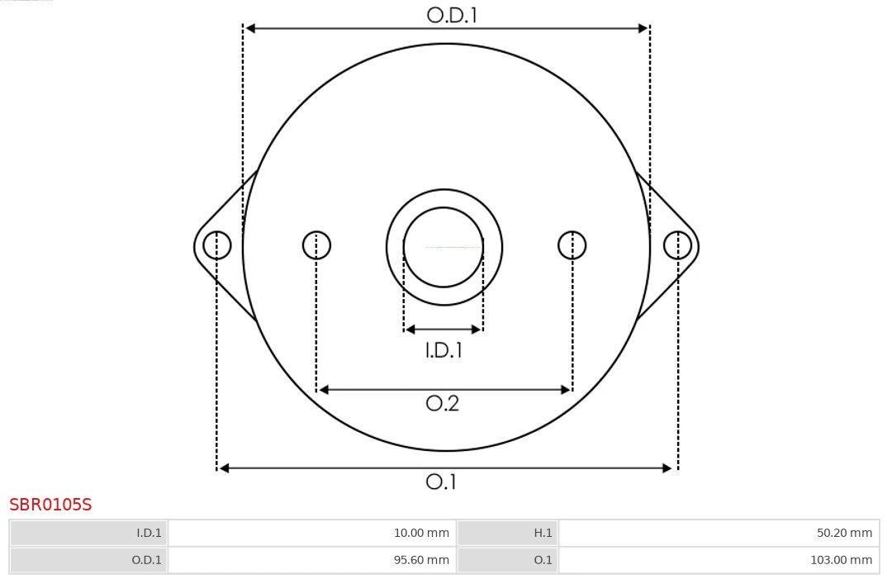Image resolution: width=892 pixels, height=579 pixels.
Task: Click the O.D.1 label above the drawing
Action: click(x=452, y=15)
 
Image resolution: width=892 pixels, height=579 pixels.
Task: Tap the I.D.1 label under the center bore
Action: click(x=444, y=350)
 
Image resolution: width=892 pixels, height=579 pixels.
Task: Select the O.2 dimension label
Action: click(x=442, y=403)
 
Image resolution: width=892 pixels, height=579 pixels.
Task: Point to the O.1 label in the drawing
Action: click(x=441, y=482)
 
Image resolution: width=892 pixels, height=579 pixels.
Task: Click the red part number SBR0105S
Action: click(x=50, y=505)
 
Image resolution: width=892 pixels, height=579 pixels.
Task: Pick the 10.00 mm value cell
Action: click(x=312, y=534)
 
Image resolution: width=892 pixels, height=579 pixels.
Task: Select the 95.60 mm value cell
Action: click(x=312, y=560)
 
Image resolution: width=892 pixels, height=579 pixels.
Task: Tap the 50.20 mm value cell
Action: click(x=719, y=534)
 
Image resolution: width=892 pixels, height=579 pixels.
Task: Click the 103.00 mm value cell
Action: click(x=719, y=560)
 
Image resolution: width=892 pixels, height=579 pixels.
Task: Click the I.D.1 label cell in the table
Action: click(x=89, y=534)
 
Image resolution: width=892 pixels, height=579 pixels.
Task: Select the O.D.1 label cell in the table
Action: click(x=89, y=560)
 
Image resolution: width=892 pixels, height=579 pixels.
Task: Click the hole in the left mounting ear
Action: click(x=217, y=245)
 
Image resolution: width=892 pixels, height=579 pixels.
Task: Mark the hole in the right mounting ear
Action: click(x=677, y=245)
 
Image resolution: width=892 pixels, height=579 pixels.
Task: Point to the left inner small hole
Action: click(x=316, y=245)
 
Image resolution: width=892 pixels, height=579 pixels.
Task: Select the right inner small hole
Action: click(x=572, y=245)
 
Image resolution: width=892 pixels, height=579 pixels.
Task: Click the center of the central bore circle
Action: click(x=444, y=247)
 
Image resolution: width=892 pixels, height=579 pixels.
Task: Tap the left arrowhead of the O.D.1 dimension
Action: click(x=250, y=28)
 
